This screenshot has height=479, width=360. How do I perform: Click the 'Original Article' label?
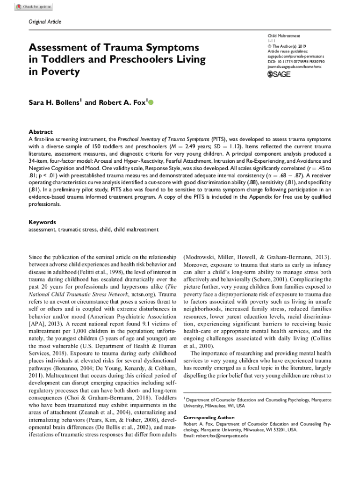pos(45,22)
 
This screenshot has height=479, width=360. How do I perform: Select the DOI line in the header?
pos(293,61)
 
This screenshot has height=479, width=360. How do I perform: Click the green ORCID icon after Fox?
pos(151,102)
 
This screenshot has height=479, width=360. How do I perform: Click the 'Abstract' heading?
pos(41,132)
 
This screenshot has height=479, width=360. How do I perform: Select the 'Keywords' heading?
pos(42,222)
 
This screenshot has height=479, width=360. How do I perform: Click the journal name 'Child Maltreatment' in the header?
pos(284,36)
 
